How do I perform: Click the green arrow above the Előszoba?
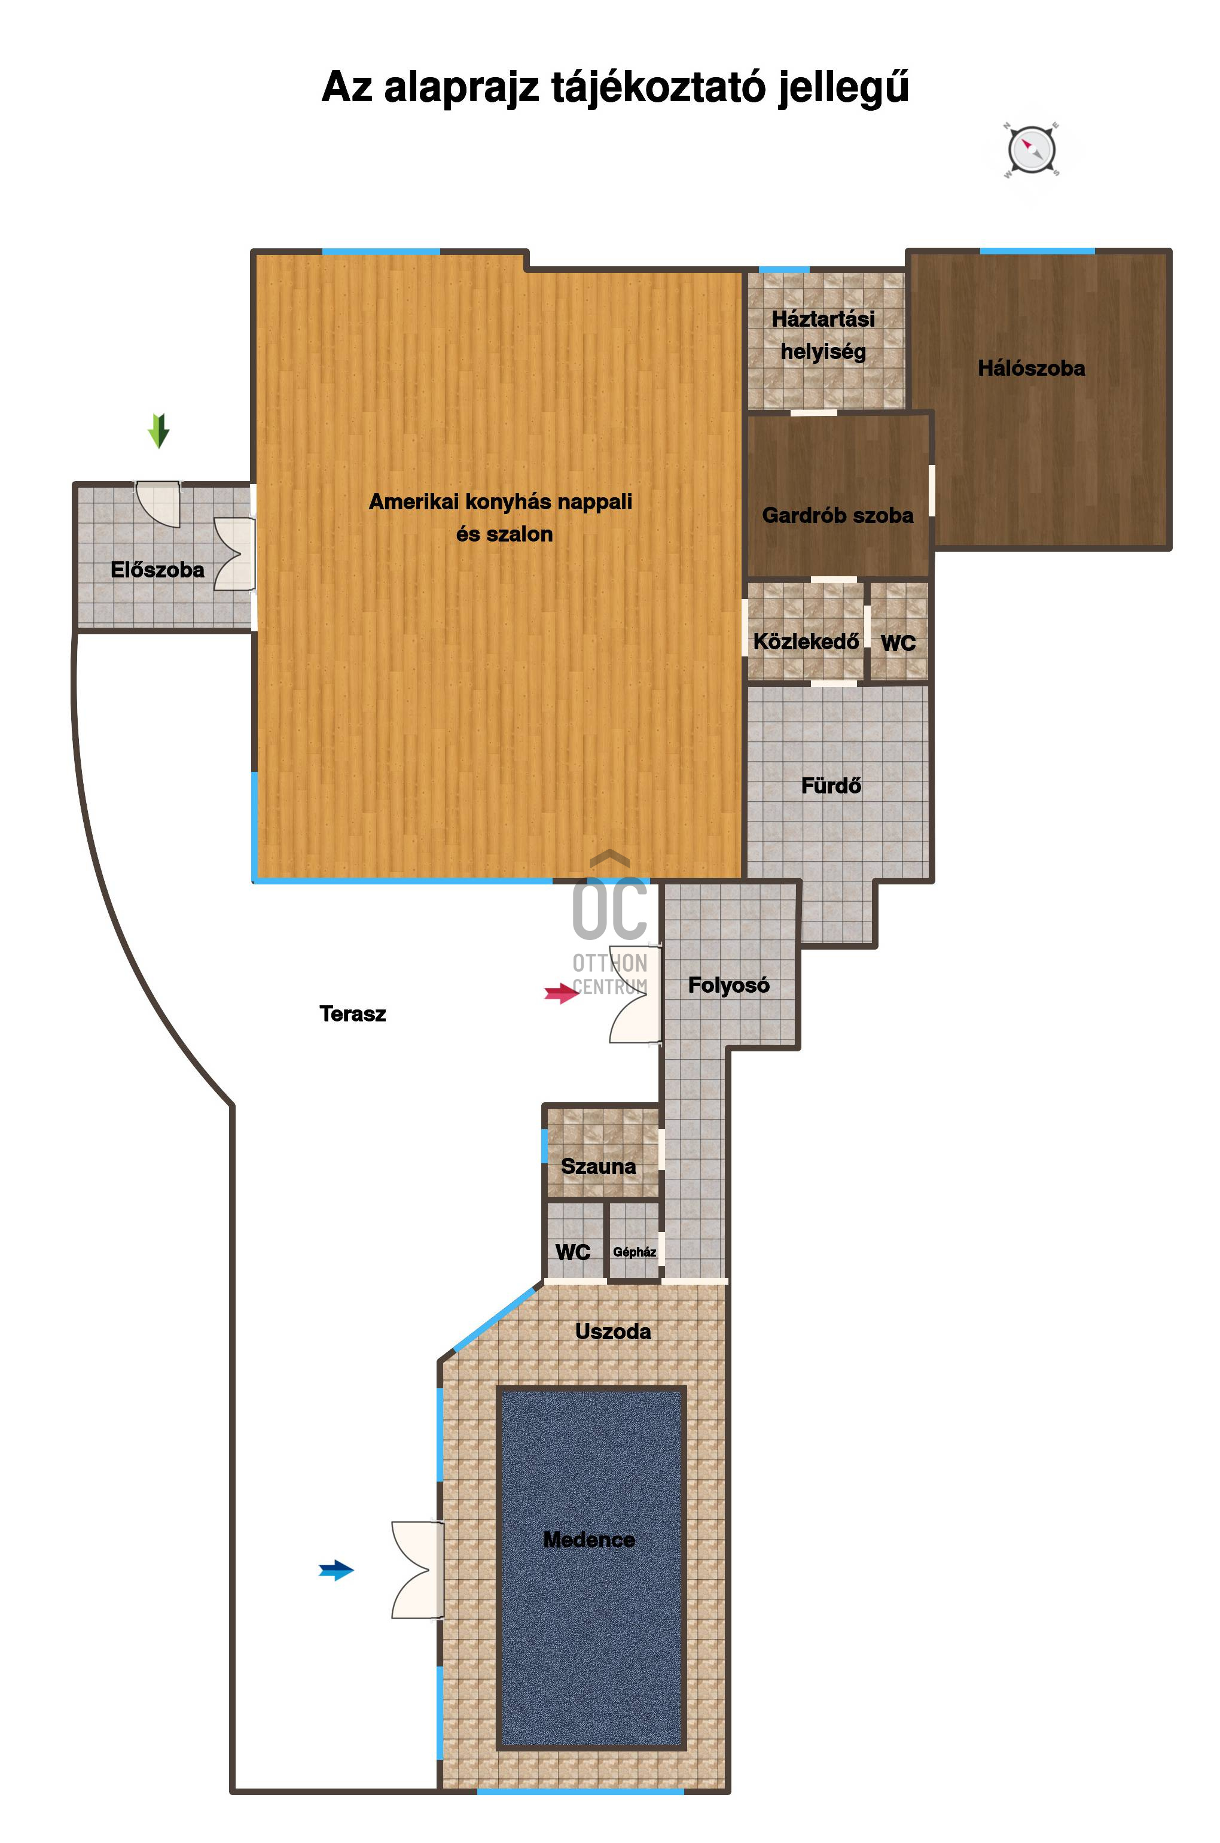coord(158,430)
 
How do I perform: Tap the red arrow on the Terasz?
coord(562,993)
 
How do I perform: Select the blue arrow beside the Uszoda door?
coord(337,1571)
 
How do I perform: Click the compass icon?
coord(1031,150)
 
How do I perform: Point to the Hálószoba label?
coord(1031,368)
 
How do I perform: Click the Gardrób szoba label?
coord(837,515)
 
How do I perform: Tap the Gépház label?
coord(634,1252)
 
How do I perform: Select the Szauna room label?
coord(598,1167)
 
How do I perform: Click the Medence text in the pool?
coord(589,1540)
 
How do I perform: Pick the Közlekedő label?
coord(806,642)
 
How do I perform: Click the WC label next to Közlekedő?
coord(898,644)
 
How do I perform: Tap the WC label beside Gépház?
coord(573,1252)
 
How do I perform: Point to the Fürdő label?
coord(831,786)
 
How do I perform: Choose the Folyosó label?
coord(728,986)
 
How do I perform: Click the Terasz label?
coord(352,1013)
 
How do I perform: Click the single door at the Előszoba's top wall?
coord(158,504)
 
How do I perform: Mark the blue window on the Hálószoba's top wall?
coord(1037,251)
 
